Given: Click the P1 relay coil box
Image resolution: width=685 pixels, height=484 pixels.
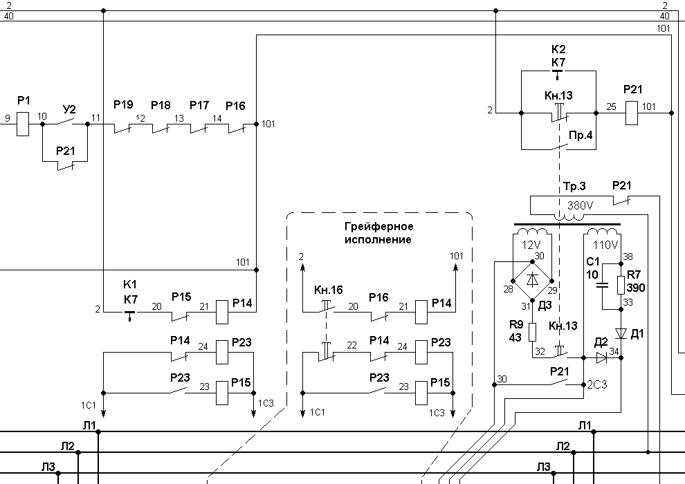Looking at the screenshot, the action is pos(23,124).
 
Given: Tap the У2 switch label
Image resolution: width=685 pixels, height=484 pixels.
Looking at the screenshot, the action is pos(69,109).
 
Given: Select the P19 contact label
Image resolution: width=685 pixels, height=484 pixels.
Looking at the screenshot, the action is pos(123,104).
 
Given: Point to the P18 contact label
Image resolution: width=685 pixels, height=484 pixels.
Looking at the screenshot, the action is pos(161,105).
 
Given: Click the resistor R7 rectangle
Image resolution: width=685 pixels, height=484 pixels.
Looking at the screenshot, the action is pos(621,286).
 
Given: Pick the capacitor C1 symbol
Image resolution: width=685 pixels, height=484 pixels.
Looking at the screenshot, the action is pos(602,286).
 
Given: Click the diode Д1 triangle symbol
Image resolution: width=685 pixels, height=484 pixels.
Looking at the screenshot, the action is pos(621,334).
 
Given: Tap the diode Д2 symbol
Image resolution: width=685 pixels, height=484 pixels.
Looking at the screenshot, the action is pos(602,358).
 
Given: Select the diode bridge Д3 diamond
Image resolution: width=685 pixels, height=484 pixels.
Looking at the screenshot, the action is pos(532,281).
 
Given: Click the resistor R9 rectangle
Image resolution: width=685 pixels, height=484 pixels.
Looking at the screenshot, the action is pos(532,332).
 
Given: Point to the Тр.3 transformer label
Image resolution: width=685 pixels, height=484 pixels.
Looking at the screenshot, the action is pos(574,187).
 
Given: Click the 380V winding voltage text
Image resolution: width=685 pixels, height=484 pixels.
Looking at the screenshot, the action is pos(580,205).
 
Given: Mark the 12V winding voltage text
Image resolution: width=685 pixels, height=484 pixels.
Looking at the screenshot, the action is pos(531,244).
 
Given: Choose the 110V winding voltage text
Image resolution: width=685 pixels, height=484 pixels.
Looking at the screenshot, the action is pos(605,245).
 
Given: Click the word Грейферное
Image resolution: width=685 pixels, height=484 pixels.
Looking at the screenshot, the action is pos(378,227).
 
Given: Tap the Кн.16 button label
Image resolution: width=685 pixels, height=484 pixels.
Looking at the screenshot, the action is pos(329,290).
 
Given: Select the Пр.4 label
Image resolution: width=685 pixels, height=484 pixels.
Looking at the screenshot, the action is pos(581,136).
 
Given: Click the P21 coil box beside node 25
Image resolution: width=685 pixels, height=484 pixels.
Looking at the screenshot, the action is pos(631,113).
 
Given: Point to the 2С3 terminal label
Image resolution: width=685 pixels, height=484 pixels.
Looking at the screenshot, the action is pos(596,384).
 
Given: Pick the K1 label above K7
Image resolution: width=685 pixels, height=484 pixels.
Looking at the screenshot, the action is pos(130,285).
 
